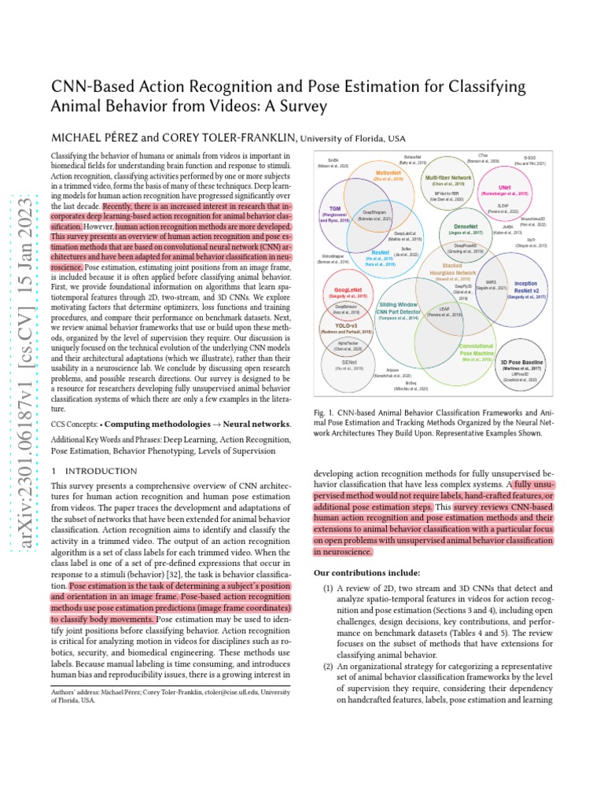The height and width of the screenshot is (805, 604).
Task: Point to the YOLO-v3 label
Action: pyautogui.click(x=347, y=325)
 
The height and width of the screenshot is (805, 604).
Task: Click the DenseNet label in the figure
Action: pyautogui.click(x=466, y=226)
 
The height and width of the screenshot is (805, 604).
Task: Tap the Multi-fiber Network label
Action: pyautogui.click(x=448, y=178)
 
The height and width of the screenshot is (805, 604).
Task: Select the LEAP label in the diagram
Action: pyautogui.click(x=444, y=309)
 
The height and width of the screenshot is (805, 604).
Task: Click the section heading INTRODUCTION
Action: pyautogui.click(x=100, y=471)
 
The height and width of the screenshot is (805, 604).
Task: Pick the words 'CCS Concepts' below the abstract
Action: pyautogui.click(x=73, y=424)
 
